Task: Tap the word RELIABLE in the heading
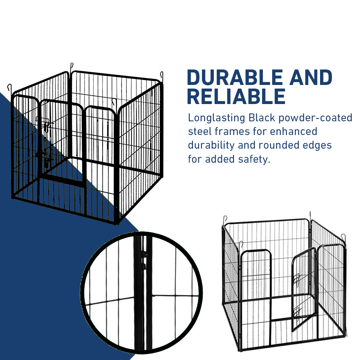(236, 96)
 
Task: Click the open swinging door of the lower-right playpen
(303, 288)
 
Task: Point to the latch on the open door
(297, 279)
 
